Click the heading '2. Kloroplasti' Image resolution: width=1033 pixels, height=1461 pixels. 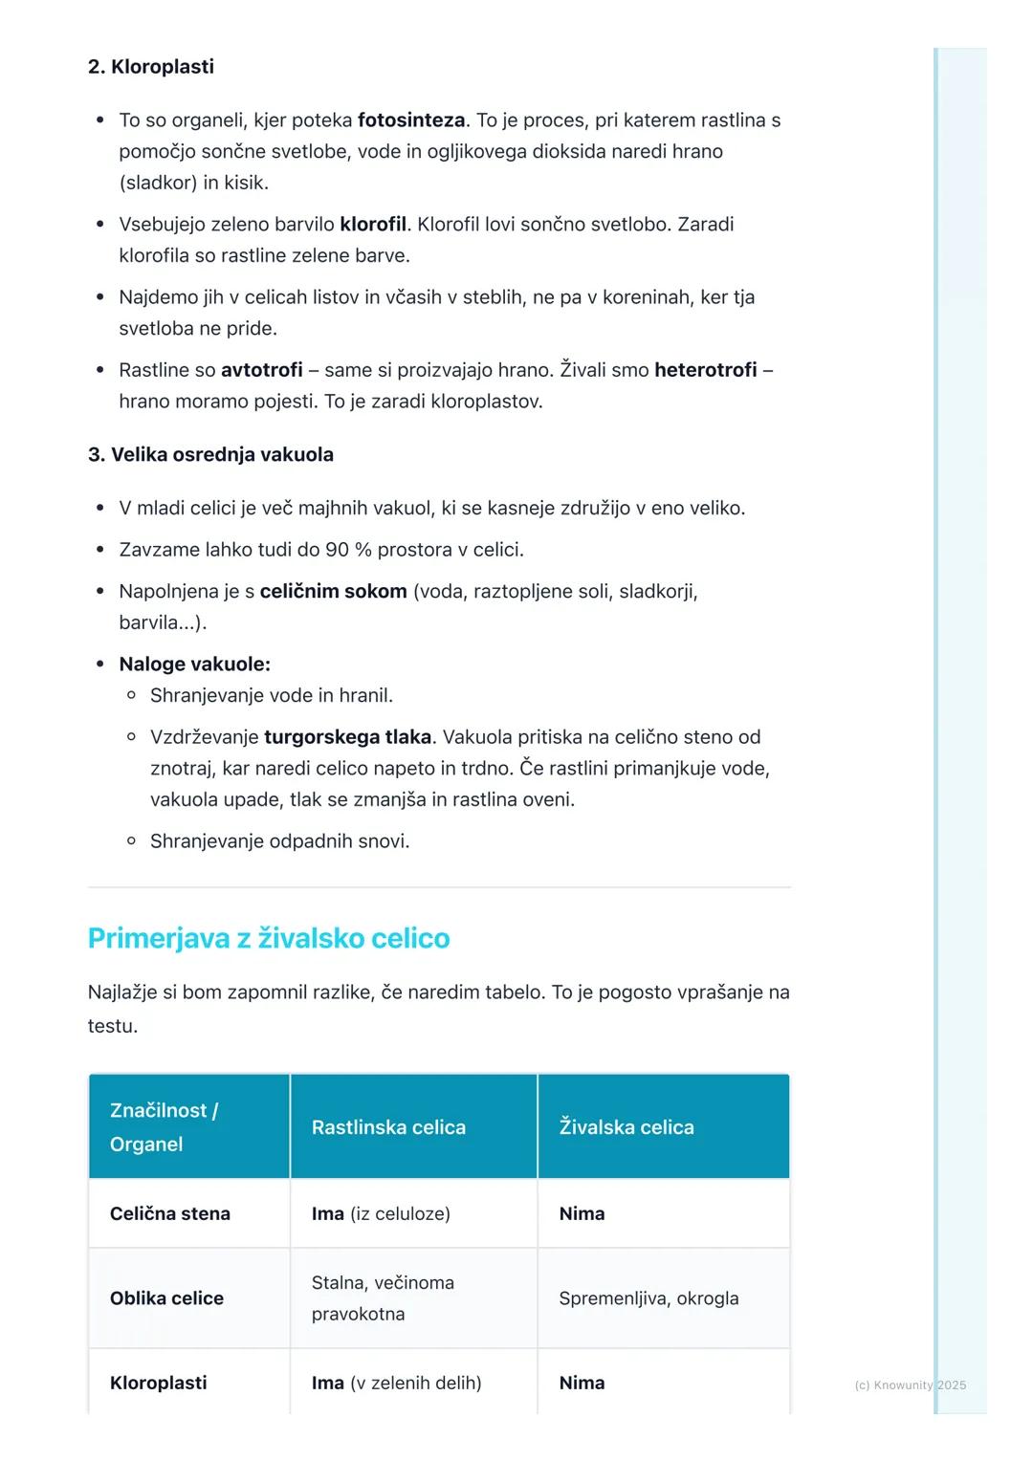(x=150, y=67)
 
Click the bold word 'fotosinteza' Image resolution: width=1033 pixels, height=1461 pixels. (x=411, y=120)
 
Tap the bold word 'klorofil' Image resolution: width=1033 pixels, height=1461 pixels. (x=373, y=225)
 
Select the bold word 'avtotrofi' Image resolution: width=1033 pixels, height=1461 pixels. (x=261, y=370)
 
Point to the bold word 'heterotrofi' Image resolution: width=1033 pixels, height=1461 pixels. (x=705, y=370)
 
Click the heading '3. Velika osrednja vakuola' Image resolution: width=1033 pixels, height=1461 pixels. (x=210, y=455)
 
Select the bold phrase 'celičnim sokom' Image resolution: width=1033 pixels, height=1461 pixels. (x=333, y=592)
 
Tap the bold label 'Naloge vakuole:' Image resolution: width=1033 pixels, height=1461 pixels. (x=194, y=665)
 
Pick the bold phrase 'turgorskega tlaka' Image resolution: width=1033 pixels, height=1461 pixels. (x=347, y=737)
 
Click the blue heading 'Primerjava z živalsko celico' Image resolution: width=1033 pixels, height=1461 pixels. (x=269, y=938)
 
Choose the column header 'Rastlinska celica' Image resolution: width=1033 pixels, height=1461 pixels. (x=388, y=1127)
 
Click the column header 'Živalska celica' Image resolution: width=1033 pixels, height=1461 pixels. (x=626, y=1127)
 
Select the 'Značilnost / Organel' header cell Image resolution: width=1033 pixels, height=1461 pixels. (x=164, y=1127)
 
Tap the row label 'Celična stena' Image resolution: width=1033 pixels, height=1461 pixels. (x=170, y=1213)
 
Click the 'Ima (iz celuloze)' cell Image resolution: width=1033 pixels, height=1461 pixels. (x=381, y=1213)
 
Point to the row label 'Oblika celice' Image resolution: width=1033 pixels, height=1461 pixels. (x=166, y=1298)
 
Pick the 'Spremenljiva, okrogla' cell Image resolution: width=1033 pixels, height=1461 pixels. (x=648, y=1298)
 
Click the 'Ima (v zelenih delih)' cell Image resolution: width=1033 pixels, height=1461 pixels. (x=396, y=1383)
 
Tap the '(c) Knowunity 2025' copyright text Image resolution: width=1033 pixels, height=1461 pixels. (x=910, y=1385)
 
